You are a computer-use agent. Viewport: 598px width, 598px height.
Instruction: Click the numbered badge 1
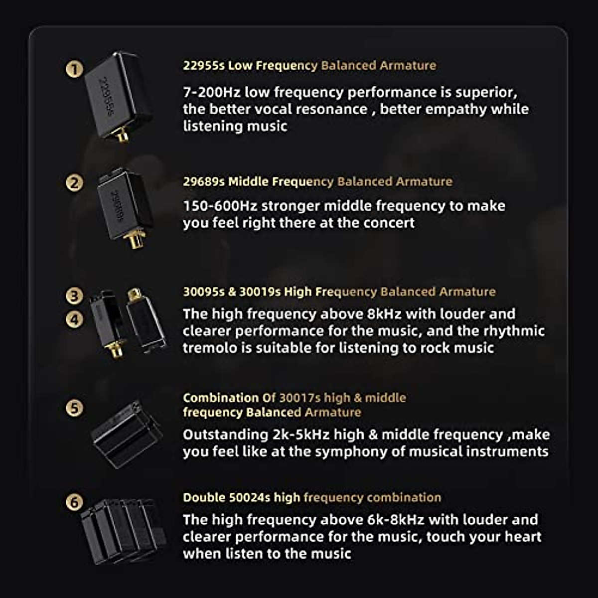pyautogui.click(x=74, y=69)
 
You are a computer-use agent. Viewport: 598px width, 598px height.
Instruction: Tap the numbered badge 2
pyautogui.click(x=74, y=183)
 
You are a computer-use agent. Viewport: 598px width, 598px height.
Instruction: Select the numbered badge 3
pyautogui.click(x=74, y=296)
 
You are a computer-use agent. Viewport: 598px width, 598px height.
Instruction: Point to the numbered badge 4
pyautogui.click(x=74, y=319)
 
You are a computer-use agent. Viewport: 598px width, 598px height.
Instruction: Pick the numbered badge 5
pyautogui.click(x=74, y=408)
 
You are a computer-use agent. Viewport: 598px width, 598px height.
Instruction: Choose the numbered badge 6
pyautogui.click(x=74, y=502)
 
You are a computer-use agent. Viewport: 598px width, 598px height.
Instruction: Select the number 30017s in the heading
pyautogui.click(x=299, y=398)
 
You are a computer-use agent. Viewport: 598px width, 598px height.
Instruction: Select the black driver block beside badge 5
pyautogui.click(x=127, y=434)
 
